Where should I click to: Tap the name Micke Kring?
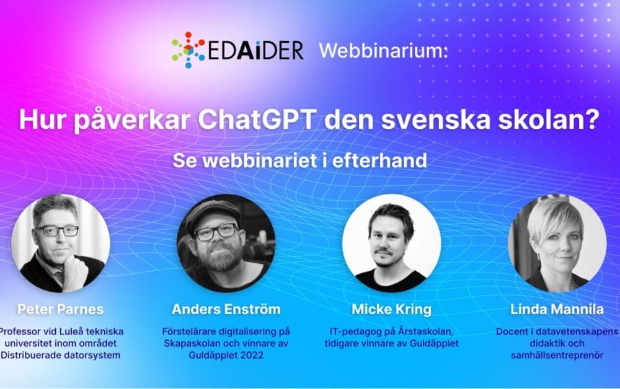(x=392, y=309)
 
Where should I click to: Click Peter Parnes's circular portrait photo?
(x=60, y=243)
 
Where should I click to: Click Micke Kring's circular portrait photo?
(x=391, y=243)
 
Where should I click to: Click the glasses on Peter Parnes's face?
(x=58, y=230)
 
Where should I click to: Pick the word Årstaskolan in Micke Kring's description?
(x=422, y=331)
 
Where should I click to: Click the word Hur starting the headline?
(x=41, y=120)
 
